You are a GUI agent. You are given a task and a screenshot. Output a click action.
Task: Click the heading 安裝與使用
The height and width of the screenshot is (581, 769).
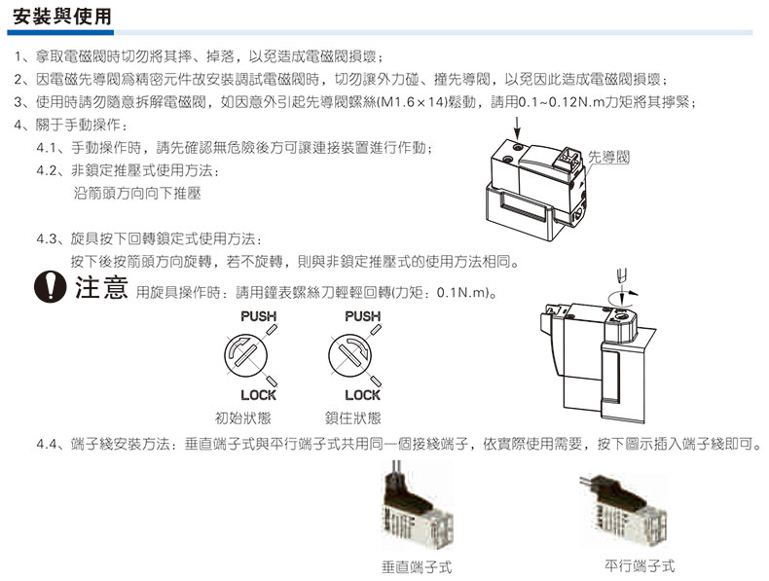62,17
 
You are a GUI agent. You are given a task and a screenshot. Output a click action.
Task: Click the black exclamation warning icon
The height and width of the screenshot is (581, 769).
50,287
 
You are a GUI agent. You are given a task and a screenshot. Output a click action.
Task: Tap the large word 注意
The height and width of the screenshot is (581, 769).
101,287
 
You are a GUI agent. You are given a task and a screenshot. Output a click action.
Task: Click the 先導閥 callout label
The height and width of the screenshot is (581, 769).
608,157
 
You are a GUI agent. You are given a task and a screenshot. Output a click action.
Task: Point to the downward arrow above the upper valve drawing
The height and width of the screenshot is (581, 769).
518,127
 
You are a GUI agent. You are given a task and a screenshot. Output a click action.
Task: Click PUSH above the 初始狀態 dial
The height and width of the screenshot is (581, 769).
259,316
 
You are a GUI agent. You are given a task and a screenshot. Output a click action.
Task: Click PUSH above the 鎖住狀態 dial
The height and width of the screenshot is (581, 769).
362,316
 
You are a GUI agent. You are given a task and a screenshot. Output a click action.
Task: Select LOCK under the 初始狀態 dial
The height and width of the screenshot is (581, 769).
259,395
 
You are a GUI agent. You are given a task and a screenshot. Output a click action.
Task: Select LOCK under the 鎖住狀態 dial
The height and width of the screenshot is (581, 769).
362,395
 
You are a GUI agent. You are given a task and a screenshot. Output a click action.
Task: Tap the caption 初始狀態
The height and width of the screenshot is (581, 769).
243,418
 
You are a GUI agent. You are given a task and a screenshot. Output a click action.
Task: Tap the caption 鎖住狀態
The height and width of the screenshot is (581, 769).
353,418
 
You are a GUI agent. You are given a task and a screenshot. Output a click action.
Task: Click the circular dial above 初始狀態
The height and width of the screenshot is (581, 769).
245,356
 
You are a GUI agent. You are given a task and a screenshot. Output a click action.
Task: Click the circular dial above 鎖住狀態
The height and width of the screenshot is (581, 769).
349,356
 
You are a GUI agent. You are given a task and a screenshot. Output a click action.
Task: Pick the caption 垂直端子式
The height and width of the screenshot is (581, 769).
417,567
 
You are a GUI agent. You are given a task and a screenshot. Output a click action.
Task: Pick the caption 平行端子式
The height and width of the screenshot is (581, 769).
640,565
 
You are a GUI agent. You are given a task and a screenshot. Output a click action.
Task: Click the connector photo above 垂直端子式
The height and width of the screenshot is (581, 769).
418,505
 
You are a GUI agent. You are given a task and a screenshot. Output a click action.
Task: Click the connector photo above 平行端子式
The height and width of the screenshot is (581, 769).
624,510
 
